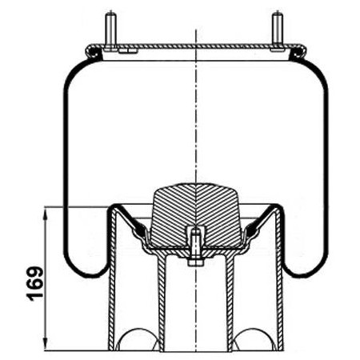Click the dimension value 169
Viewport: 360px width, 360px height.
click(x=35, y=284)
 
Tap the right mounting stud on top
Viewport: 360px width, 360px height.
click(x=278, y=31)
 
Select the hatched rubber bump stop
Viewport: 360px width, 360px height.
click(x=196, y=214)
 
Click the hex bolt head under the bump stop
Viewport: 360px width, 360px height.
click(x=196, y=262)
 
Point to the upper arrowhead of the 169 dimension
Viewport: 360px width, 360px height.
click(x=46, y=214)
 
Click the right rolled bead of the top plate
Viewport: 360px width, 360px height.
click(x=298, y=52)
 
